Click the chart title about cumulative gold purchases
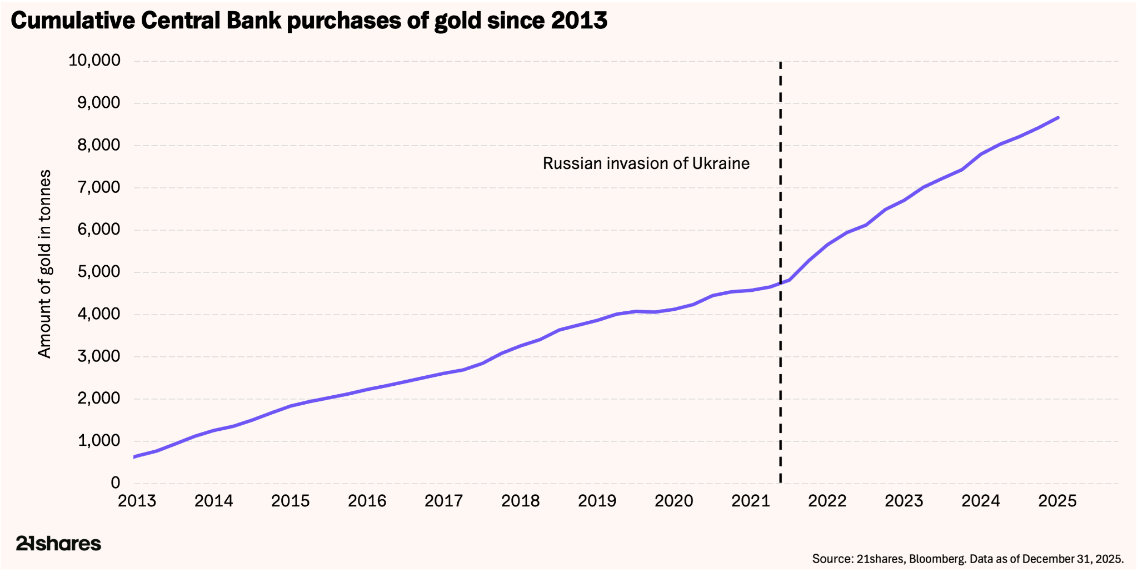pyautogui.click(x=309, y=21)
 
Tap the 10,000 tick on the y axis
pyautogui.click(x=94, y=61)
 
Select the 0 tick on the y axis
pyautogui.click(x=116, y=483)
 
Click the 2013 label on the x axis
pyautogui.click(x=137, y=501)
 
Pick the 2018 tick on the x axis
pyautogui.click(x=521, y=501)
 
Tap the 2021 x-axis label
pyautogui.click(x=751, y=501)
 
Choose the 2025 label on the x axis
pyautogui.click(x=1057, y=501)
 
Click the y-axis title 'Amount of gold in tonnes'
pyautogui.click(x=44, y=264)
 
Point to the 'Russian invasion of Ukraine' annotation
pyautogui.click(x=646, y=163)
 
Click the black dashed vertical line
pyautogui.click(x=780, y=272)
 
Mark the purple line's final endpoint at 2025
pyautogui.click(x=1058, y=117)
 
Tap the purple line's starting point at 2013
pyautogui.click(x=134, y=457)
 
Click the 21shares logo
pyautogui.click(x=58, y=543)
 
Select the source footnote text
pyautogui.click(x=968, y=558)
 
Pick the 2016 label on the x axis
pyautogui.click(x=367, y=501)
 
